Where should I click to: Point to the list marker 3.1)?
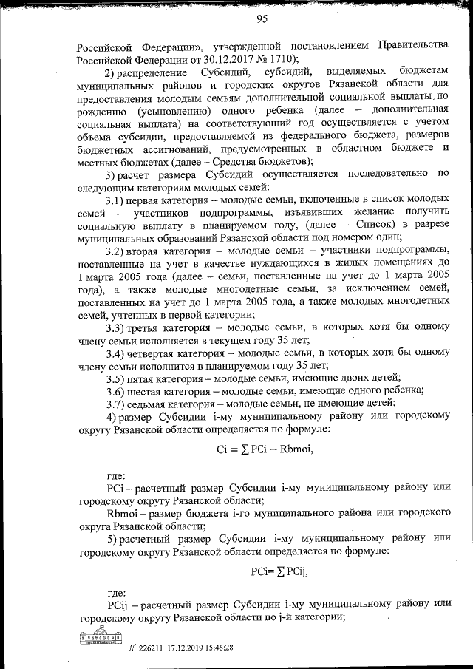point(116,200)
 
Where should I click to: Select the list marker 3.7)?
point(116,403)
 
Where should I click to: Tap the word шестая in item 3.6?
point(144,391)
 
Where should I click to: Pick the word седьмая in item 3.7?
point(147,403)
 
